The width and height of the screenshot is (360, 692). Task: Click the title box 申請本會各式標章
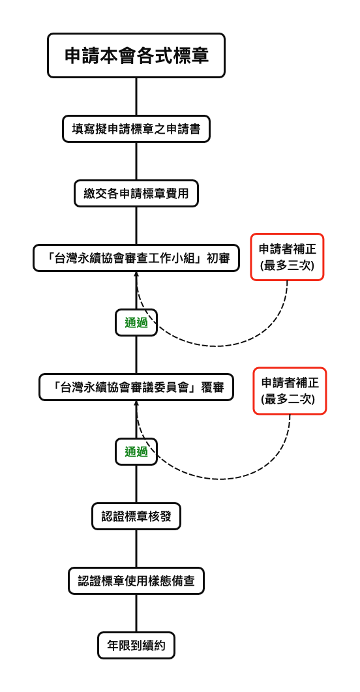coord(136,55)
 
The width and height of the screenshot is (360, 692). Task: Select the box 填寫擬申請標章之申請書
coord(136,128)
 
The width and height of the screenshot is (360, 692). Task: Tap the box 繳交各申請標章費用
coord(136,194)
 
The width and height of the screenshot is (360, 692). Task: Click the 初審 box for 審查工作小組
coord(136,258)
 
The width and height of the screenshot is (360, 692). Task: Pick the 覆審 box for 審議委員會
coord(136,387)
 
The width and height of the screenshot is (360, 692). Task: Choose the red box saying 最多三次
coord(288,257)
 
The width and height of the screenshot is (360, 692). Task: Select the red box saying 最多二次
coord(290,391)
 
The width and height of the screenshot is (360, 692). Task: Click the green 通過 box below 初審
coord(136,322)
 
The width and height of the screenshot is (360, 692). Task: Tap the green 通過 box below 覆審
coord(136,451)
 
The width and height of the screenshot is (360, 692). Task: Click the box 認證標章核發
coord(136,517)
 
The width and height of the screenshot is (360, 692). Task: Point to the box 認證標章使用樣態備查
coord(136,580)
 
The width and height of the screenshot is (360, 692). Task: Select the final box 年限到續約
coord(136,646)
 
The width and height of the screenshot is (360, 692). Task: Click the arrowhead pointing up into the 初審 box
coord(136,274)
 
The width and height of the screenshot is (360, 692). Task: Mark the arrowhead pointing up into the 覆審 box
coord(136,404)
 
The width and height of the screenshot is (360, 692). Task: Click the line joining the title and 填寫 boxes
coord(136,97)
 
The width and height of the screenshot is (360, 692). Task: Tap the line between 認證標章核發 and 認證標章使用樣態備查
coord(136,549)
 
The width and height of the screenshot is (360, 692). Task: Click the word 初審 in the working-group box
coord(218,258)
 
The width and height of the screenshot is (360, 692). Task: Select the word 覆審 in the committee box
coord(213,387)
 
